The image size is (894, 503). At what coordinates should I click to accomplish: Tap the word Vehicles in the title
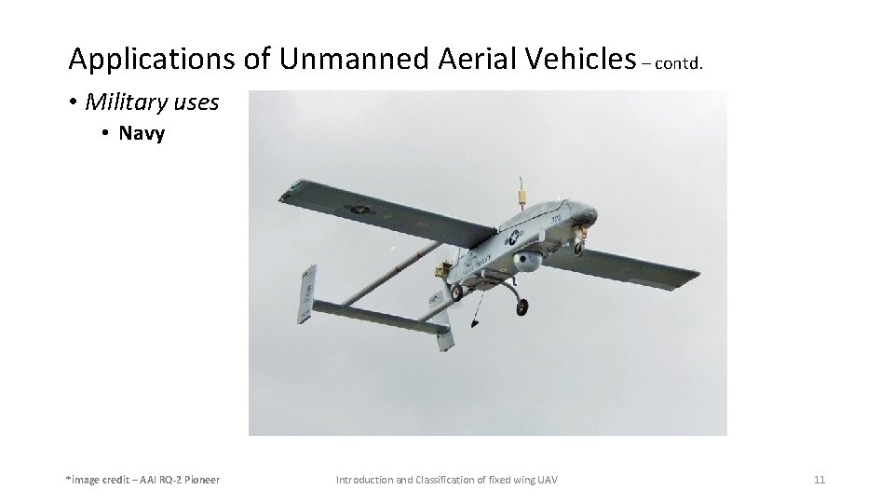click(576, 60)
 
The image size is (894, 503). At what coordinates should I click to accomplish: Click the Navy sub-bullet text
click(142, 133)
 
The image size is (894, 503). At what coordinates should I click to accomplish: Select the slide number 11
click(819, 480)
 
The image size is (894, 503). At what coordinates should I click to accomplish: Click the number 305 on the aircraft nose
click(556, 220)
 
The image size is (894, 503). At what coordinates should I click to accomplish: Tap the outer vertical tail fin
click(305, 293)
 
